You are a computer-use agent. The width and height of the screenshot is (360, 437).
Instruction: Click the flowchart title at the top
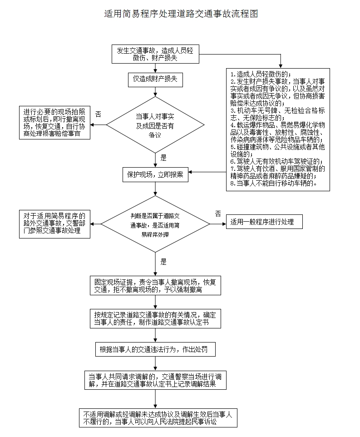(181, 14)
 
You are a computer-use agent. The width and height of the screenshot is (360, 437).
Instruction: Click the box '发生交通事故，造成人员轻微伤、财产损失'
(155, 54)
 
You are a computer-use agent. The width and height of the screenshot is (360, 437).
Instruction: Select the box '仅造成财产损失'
(155, 79)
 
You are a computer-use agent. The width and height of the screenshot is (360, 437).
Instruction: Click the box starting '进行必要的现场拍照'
(54, 123)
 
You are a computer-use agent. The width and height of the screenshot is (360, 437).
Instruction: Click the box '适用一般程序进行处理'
(265, 223)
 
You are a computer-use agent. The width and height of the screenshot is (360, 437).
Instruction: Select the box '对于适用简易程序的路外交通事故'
(54, 223)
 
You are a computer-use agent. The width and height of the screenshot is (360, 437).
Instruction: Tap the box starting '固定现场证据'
(155, 285)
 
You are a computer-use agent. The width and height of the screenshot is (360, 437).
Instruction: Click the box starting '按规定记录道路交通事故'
(155, 318)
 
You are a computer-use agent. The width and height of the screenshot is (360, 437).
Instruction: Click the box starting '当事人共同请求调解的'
(155, 380)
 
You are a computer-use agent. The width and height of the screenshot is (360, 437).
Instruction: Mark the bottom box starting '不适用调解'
(155, 417)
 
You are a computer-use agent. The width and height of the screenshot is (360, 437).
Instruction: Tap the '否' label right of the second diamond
(218, 213)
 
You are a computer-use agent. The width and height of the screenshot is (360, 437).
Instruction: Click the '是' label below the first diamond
(163, 158)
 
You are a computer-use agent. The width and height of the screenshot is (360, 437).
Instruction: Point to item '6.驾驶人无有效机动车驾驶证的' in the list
(276, 161)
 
